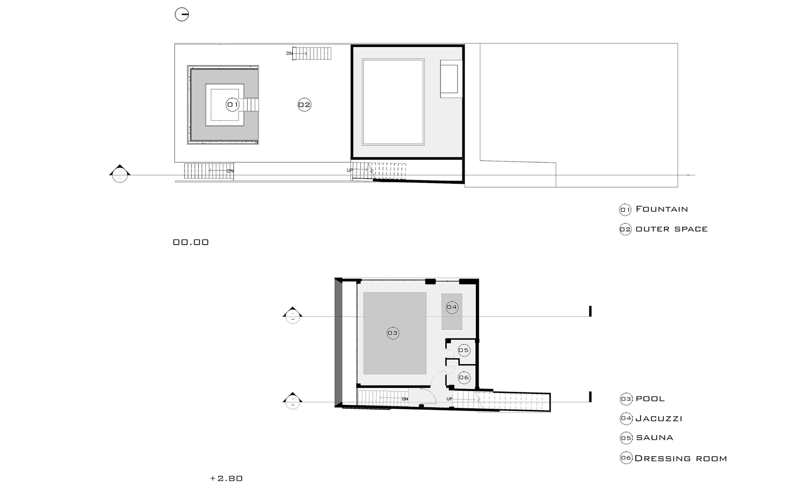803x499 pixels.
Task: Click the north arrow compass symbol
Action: (x=182, y=14)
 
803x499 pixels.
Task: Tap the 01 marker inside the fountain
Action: (x=233, y=105)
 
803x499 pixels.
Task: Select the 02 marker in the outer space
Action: (x=304, y=105)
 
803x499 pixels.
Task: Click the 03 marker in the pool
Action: (x=393, y=333)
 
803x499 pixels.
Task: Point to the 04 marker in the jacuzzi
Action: (x=452, y=307)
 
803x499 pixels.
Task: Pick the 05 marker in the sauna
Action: (x=464, y=350)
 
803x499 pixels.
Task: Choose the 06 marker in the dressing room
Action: (x=464, y=377)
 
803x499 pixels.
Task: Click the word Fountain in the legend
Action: (x=662, y=209)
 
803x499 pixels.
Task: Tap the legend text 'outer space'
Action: (x=671, y=229)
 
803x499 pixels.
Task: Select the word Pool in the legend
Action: (x=650, y=399)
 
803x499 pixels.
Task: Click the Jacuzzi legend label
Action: (x=659, y=419)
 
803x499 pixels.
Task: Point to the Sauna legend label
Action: (x=654, y=438)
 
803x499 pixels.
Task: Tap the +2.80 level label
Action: (x=226, y=478)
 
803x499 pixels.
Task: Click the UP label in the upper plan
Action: (x=350, y=170)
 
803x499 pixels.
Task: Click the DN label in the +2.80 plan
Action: (x=405, y=399)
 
